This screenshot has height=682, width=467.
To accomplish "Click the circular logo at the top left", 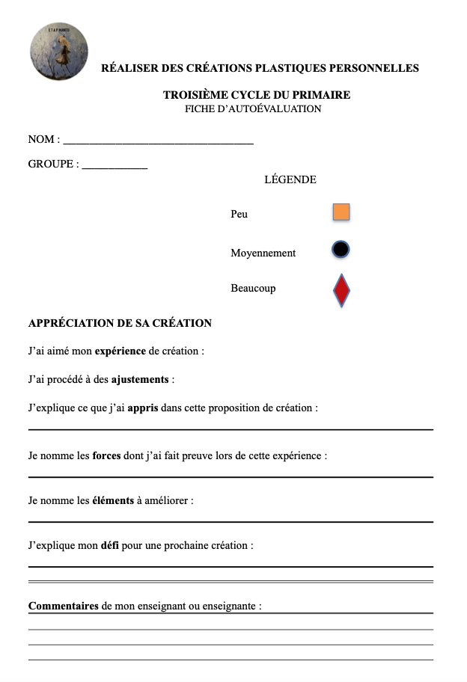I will pyautogui.click(x=58, y=51).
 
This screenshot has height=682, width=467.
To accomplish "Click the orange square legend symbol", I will pyautogui.click(x=341, y=212).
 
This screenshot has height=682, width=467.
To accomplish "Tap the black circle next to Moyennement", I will pyautogui.click(x=341, y=250).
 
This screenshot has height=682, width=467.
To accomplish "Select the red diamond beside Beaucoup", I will pyautogui.click(x=341, y=291).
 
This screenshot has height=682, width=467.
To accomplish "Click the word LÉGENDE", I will pyautogui.click(x=290, y=179).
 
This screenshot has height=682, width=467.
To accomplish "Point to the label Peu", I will pyautogui.click(x=239, y=214).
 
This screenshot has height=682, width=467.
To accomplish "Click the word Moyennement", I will pyautogui.click(x=263, y=253).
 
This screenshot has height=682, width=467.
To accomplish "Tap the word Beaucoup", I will pyautogui.click(x=253, y=288).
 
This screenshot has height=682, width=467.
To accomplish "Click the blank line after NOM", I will pyautogui.click(x=159, y=141).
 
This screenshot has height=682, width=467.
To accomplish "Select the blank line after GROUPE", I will pyautogui.click(x=115, y=166).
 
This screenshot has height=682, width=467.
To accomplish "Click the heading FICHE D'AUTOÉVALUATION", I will pyautogui.click(x=253, y=109).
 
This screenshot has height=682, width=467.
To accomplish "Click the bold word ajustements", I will pyautogui.click(x=140, y=379).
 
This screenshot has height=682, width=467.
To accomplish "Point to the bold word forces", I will pyautogui.click(x=107, y=455).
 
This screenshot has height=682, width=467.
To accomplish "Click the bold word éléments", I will pyautogui.click(x=113, y=500).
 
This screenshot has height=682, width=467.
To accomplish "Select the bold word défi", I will pyautogui.click(x=110, y=545).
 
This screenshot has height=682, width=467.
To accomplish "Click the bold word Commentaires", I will pyautogui.click(x=63, y=606).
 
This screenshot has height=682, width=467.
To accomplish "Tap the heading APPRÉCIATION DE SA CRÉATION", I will pyautogui.click(x=120, y=323).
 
